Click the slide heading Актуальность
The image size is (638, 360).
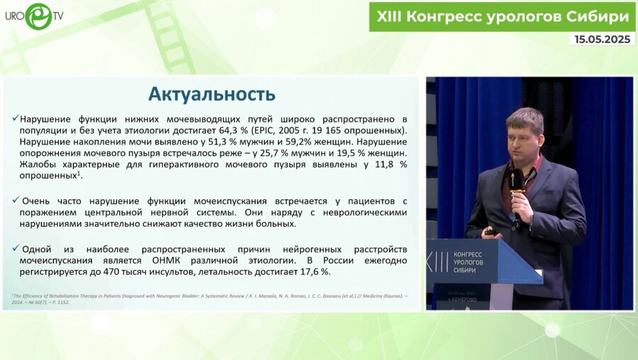tap(211, 94)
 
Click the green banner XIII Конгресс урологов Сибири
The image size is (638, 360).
tap(501, 16)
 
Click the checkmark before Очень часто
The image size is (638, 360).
tap(16, 201)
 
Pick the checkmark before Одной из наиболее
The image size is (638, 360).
tap(16, 248)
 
